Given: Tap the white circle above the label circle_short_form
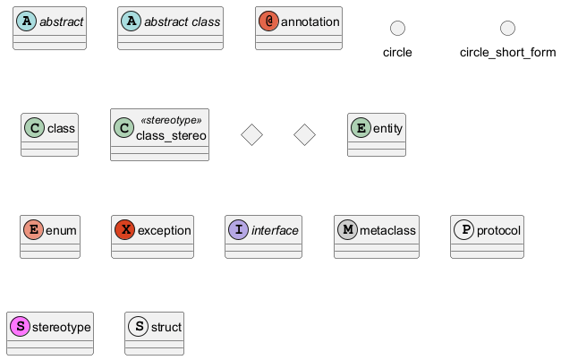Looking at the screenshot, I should tap(507, 29).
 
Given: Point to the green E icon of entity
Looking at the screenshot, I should tap(361, 129).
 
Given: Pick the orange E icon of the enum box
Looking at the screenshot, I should tap(33, 230).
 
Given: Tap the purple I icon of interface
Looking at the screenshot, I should tap(239, 230).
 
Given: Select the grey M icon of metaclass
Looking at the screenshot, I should tap(347, 230).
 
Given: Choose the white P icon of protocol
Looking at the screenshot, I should tap(463, 230).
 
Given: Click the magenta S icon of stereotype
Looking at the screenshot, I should tap(19, 327).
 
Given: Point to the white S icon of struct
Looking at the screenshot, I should tap(140, 327).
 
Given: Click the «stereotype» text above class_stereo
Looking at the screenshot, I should tap(172, 120).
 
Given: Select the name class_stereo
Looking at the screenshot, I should tap(171, 135).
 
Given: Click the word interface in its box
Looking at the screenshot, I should tap(275, 230).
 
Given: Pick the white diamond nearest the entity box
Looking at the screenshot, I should tap(305, 135).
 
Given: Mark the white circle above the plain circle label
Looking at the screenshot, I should tap(397, 29).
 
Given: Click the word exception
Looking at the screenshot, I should tap(165, 230).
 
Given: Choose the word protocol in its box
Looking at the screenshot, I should tap(498, 230).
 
